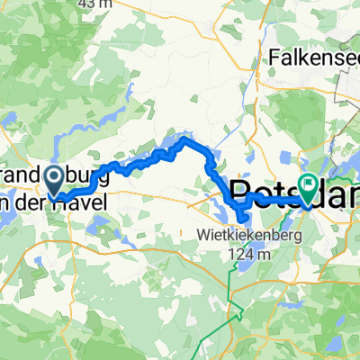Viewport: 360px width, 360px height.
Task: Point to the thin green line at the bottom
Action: (x=236, y=315)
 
